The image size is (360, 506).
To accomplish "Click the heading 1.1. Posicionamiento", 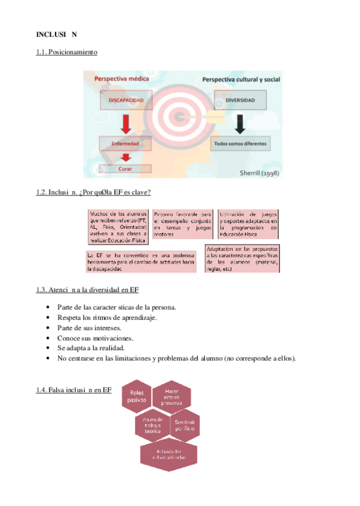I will point(66,53).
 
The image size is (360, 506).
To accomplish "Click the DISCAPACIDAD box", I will point(126,101).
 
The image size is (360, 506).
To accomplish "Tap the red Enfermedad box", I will point(126,144).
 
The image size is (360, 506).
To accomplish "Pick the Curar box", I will point(126,169).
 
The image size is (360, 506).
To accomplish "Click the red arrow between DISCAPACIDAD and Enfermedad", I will point(126,124).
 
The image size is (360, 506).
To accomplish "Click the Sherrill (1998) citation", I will point(259,173).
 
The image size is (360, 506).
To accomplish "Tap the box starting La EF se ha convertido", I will point(140,262).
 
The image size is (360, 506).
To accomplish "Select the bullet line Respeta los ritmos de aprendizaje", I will point(107,317).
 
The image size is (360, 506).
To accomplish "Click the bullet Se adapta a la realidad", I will point(99,348).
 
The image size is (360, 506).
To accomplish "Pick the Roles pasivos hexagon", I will point(138,396).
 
